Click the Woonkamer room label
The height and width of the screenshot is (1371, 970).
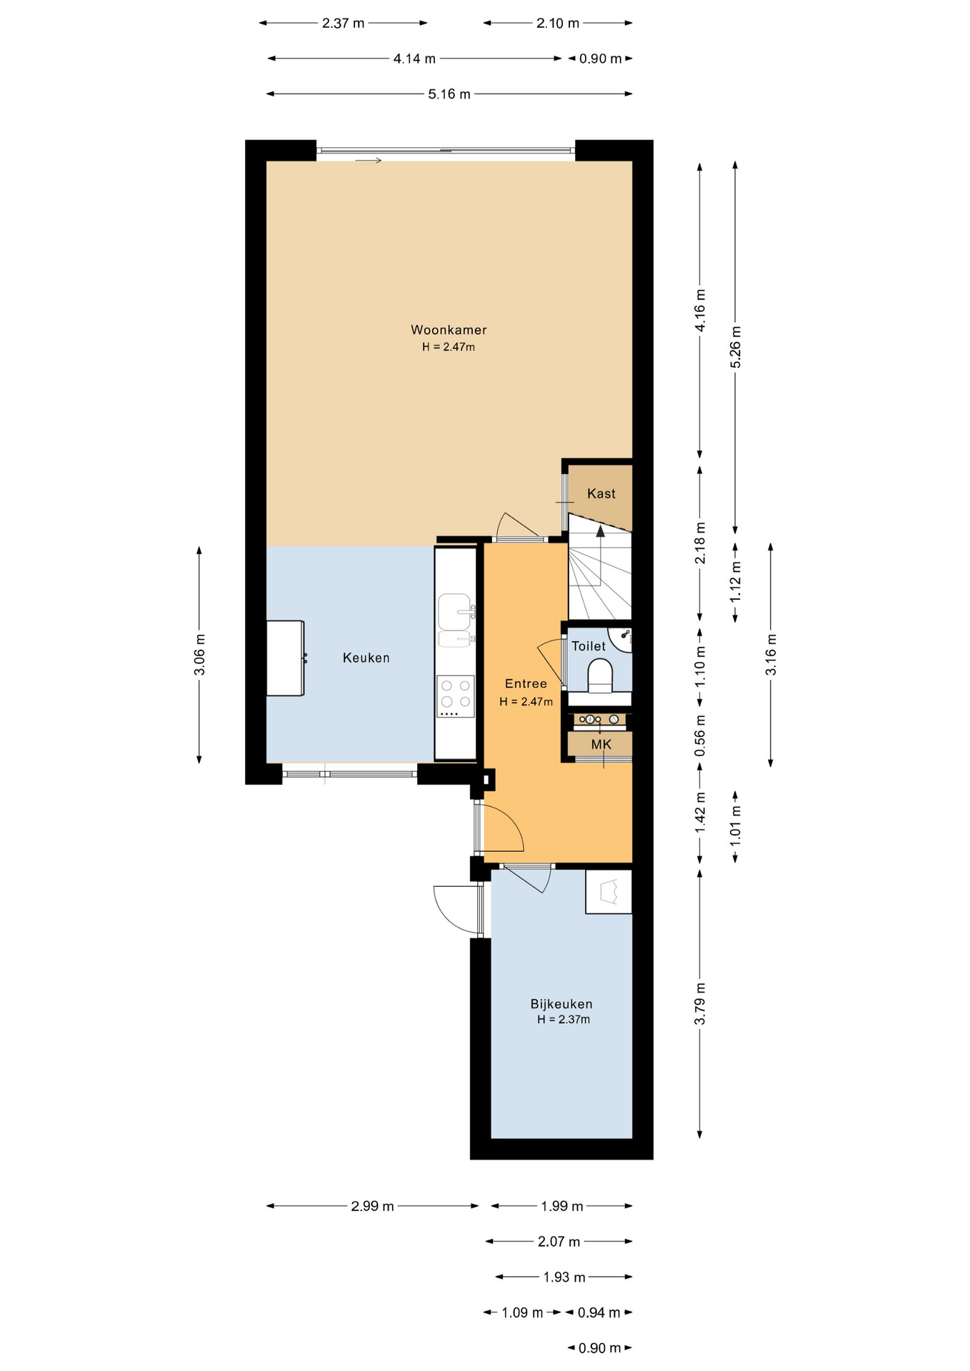click(449, 330)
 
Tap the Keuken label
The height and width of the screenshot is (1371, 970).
click(366, 658)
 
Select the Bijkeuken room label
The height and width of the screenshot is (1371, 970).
click(561, 1004)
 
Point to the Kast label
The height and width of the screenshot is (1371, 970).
click(601, 493)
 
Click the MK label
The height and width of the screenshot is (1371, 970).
click(601, 745)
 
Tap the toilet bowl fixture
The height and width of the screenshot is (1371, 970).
click(600, 676)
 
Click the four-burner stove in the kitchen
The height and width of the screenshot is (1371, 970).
click(456, 696)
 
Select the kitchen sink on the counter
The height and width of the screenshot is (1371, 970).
click(455, 620)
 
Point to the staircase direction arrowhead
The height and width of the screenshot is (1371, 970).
click(600, 531)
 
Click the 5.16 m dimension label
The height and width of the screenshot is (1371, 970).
click(449, 94)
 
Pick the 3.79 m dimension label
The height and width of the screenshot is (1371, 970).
click(700, 1003)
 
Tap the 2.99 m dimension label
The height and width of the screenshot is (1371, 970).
click(372, 1206)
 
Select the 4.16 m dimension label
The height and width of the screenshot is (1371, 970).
click(700, 310)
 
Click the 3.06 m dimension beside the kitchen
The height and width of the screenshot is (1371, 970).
click(199, 654)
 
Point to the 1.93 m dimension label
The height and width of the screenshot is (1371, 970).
click(564, 1277)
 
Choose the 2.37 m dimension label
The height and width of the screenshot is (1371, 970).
click(343, 23)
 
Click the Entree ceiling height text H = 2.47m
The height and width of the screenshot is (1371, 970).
click(526, 701)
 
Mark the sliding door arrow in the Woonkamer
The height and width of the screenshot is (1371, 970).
click(369, 161)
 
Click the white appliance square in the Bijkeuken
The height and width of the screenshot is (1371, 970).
click(609, 891)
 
